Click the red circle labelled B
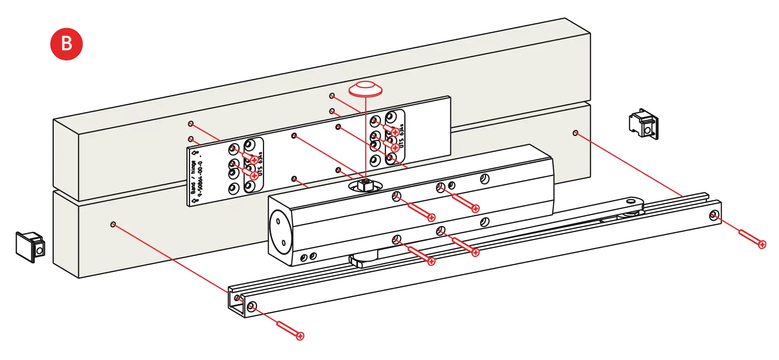tap(67, 44)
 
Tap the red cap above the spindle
tap(365, 89)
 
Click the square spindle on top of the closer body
tap(365, 185)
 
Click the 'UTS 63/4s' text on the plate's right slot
tap(402, 136)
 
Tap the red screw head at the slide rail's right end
tap(762, 245)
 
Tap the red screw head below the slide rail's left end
tap(300, 335)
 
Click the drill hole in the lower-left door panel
tap(113, 224)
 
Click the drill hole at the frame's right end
tap(575, 133)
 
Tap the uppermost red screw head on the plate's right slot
tap(395, 132)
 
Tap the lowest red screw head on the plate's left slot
tap(254, 175)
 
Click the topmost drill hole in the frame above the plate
tap(332, 95)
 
